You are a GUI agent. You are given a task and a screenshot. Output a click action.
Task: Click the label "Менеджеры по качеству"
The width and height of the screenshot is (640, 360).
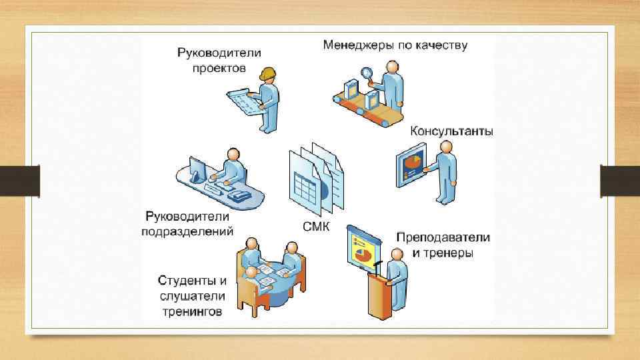[x=395, y=46]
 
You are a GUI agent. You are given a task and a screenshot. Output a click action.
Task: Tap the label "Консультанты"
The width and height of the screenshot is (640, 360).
[x=451, y=131]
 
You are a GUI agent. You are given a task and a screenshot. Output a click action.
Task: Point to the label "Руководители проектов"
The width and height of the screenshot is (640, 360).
[x=219, y=59]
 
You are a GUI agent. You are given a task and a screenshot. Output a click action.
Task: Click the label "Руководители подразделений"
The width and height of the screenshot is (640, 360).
[x=187, y=224]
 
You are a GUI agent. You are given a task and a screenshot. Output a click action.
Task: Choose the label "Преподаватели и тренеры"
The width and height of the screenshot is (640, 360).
[x=443, y=245]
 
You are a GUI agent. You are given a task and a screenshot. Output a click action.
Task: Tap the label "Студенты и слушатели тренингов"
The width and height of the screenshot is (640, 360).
[x=191, y=295]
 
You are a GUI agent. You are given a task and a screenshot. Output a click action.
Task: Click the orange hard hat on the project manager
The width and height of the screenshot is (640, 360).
[x=269, y=72]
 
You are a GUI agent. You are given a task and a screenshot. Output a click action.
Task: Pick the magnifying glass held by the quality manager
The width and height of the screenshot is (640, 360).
[x=367, y=73]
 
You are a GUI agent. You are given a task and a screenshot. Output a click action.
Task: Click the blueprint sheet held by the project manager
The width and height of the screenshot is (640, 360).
[x=243, y=101]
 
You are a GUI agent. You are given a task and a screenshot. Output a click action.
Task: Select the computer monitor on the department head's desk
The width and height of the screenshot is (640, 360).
[x=197, y=169]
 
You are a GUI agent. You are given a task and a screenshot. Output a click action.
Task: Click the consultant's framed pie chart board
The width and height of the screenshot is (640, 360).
[x=411, y=167]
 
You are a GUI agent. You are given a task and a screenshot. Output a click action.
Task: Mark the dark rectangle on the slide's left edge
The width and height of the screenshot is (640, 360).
[x=19, y=181]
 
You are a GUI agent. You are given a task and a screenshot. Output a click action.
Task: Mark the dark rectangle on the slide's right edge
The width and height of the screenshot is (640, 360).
[x=620, y=181]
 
